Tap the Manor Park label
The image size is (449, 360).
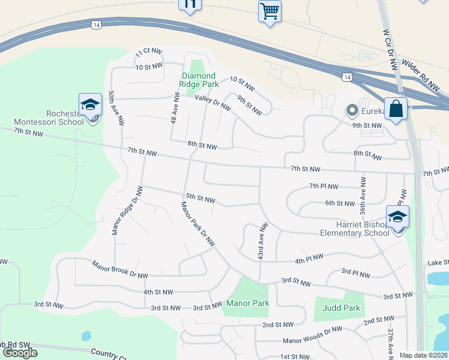tap(247, 303)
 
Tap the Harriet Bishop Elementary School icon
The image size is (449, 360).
tap(397, 217)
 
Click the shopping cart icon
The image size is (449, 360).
tap(270, 11)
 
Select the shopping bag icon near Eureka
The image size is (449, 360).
tap(396, 109)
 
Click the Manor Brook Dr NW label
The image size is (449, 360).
tap(120, 269)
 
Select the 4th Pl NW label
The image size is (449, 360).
tap(309, 258)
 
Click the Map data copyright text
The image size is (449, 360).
tap(423, 355)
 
